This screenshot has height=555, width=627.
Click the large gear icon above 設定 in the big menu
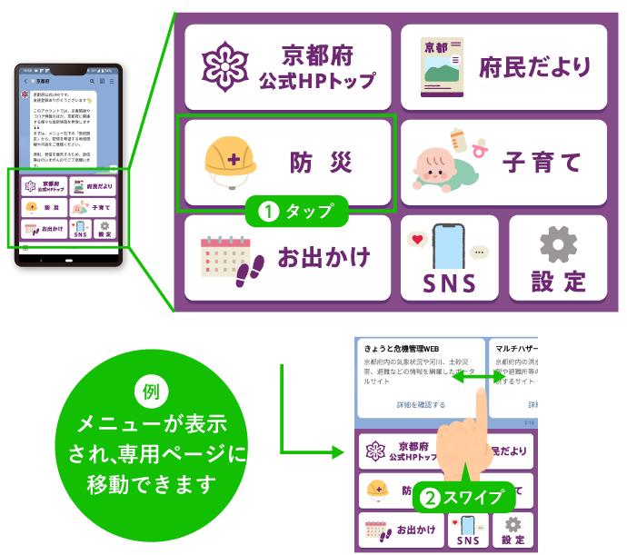558,245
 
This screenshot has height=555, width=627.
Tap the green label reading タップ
297,213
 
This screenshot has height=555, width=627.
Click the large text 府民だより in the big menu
536,67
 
